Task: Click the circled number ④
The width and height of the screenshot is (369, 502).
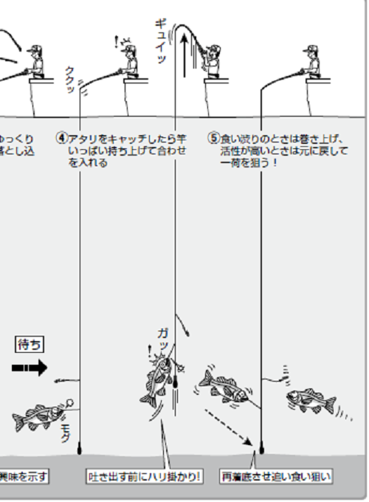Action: coord(63,138)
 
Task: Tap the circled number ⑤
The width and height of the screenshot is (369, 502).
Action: coord(214,138)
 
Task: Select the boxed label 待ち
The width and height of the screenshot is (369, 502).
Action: coord(30,344)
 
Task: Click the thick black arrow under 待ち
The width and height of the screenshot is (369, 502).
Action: coord(30,367)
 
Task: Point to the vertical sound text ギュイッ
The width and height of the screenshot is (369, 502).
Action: coord(161,41)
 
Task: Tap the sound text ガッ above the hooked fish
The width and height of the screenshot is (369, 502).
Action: coord(163,339)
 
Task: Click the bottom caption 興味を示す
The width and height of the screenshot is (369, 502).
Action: coord(24,477)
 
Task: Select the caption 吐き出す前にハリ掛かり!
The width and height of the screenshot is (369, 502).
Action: coord(145,477)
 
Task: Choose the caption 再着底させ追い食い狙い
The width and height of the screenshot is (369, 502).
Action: coord(276,477)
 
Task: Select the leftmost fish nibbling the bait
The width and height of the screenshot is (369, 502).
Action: coord(35,418)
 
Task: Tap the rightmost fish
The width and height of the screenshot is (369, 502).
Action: coord(308,400)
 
